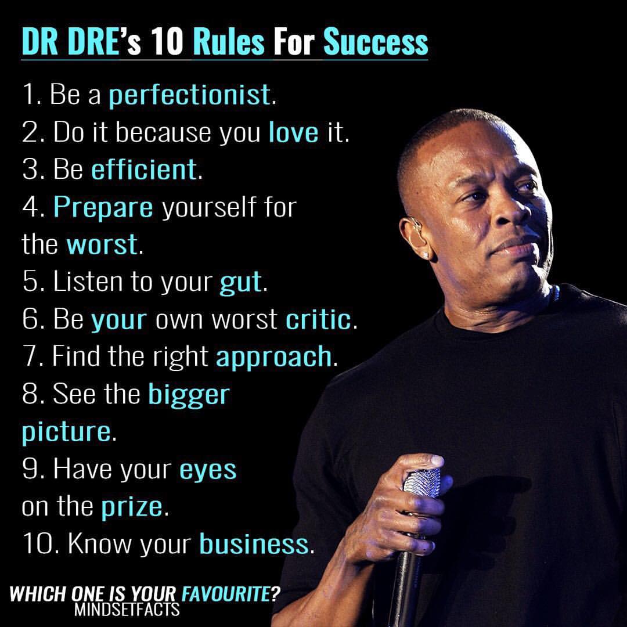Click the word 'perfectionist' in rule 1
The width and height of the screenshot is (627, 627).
tap(189, 95)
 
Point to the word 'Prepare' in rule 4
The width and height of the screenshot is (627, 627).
tap(103, 208)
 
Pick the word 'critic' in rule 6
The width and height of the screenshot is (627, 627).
tap(318, 319)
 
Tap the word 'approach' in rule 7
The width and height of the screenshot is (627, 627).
tap(274, 357)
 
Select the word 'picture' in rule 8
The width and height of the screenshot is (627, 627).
tap(66, 433)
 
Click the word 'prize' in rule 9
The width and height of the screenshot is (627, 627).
tap(132, 507)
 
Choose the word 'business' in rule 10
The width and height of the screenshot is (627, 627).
tap(254, 544)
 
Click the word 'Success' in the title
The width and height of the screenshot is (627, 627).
tap(376, 42)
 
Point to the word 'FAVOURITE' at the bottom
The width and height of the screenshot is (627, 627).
tap(226, 594)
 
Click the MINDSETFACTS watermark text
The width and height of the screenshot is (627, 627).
tap(127, 610)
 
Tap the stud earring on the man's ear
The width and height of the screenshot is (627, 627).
tap(426, 254)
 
